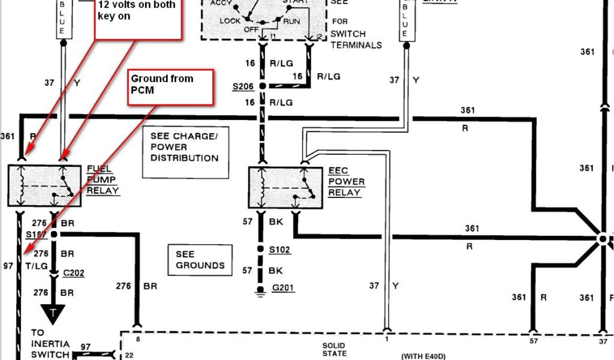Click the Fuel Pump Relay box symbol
[44, 186]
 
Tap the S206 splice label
[243, 87]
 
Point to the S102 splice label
[280, 249]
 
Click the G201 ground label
[282, 289]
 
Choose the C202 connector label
[74, 273]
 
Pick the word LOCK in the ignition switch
[230, 21]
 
